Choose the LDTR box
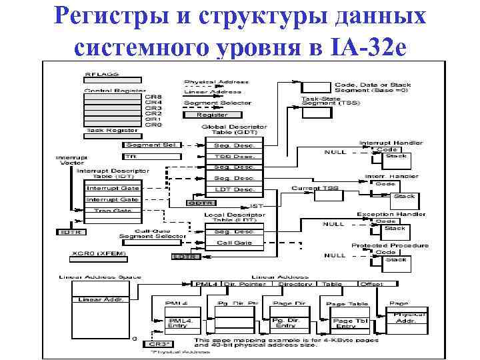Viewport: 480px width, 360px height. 186,256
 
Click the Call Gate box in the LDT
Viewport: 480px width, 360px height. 234,243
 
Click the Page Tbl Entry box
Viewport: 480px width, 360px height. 349,323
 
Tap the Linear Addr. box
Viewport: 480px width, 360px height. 99,299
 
